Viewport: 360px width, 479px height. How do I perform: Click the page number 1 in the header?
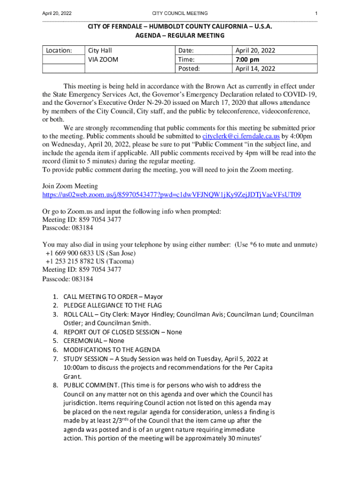coord(316,13)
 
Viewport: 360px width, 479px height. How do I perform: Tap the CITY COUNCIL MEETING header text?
coord(180,13)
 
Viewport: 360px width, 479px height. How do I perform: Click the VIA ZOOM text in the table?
coord(103,60)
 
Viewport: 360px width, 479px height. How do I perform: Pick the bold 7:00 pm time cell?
coord(247,60)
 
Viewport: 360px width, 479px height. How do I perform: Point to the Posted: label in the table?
coord(189,69)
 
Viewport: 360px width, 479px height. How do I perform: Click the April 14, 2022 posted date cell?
coord(255,69)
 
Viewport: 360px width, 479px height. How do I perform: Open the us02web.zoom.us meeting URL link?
coord(172,195)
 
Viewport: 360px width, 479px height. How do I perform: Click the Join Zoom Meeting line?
coord(70,186)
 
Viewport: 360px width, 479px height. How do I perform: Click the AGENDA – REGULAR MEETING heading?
coord(180,36)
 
